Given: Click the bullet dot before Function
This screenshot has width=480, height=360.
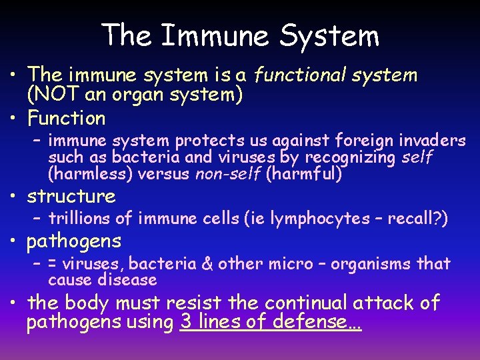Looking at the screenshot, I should coord(15,119).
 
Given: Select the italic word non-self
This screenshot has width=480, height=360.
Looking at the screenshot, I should coord(228,175).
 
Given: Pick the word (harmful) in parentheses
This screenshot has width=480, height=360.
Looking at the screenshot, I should coord(304,175).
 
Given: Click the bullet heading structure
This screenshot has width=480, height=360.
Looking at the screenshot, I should coord(71,197).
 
